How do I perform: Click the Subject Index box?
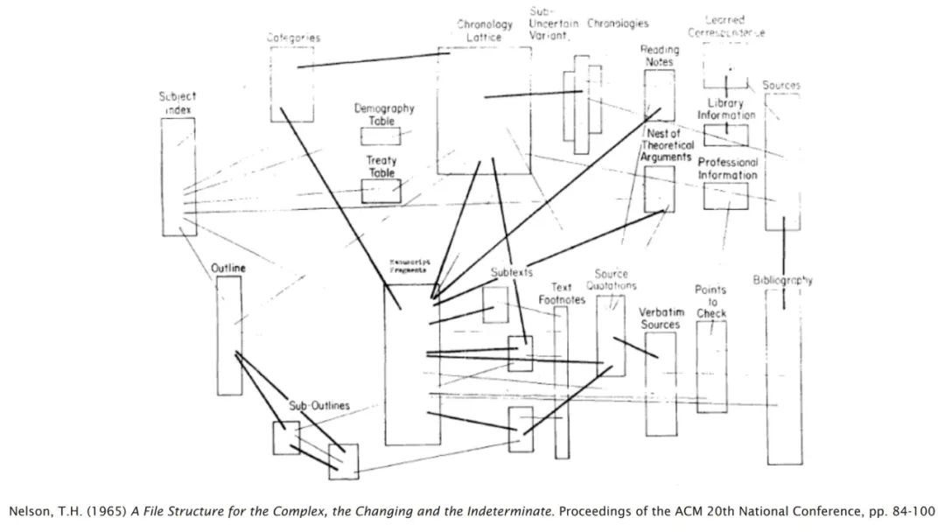(178, 177)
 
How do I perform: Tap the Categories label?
(293, 38)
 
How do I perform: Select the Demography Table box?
(381, 136)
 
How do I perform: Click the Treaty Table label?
(381, 166)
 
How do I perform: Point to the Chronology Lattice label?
(484, 31)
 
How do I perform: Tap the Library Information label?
(725, 109)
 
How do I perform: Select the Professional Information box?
(725, 196)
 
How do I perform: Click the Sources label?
(781, 86)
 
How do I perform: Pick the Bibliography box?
(783, 376)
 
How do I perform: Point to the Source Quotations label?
(612, 280)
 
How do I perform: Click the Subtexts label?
(511, 272)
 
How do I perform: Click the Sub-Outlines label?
(319, 406)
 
